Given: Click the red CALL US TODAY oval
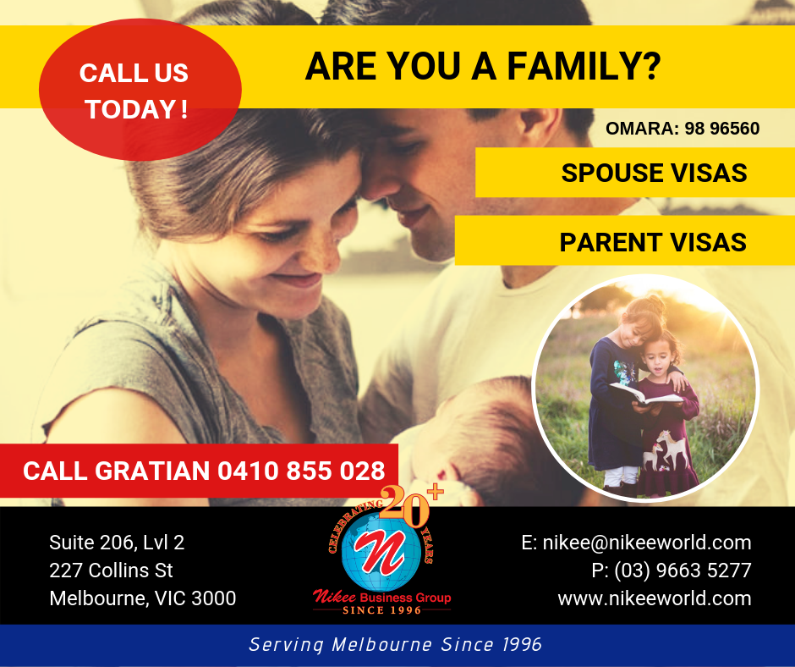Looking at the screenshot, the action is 140,90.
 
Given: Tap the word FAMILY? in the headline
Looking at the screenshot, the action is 584,66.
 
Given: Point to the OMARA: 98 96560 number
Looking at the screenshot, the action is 683,129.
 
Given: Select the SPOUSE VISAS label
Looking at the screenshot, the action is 654,173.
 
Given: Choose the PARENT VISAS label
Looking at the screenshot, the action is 653,242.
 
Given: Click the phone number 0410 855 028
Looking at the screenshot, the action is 301,471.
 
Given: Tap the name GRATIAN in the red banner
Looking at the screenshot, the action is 152,471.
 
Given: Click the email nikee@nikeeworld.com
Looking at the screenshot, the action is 646,543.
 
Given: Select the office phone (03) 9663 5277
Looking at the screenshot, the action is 683,571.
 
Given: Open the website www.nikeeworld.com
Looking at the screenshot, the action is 655,598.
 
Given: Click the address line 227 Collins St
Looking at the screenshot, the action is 111,571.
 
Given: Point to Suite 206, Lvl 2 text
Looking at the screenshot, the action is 117,543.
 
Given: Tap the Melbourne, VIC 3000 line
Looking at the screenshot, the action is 142,598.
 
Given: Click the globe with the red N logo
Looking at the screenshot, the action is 381,554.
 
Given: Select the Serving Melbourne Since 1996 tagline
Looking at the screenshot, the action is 396,645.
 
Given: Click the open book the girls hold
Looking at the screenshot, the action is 644,395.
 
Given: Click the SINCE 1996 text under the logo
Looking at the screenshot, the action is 381,610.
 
